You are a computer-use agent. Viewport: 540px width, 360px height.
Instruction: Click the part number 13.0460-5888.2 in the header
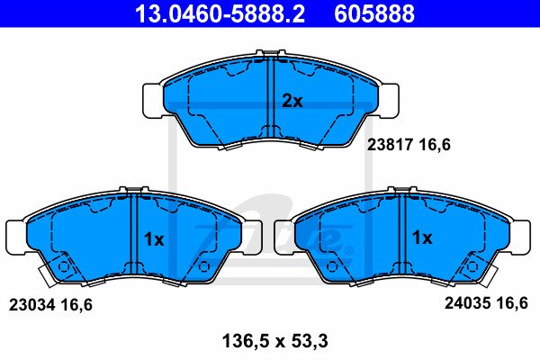point(220,13)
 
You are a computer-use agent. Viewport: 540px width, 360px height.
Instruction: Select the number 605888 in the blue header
point(374,13)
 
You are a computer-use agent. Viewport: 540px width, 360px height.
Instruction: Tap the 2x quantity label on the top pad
point(292,101)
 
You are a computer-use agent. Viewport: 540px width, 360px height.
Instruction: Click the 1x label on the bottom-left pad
point(154,239)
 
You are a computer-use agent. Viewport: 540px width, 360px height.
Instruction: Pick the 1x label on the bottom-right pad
point(422,238)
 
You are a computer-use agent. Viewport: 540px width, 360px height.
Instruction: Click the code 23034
point(31,305)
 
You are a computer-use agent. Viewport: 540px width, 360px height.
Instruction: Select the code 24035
point(467,303)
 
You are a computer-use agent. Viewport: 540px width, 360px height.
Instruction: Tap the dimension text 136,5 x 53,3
point(274,341)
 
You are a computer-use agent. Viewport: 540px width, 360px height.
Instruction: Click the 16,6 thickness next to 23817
point(435,145)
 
